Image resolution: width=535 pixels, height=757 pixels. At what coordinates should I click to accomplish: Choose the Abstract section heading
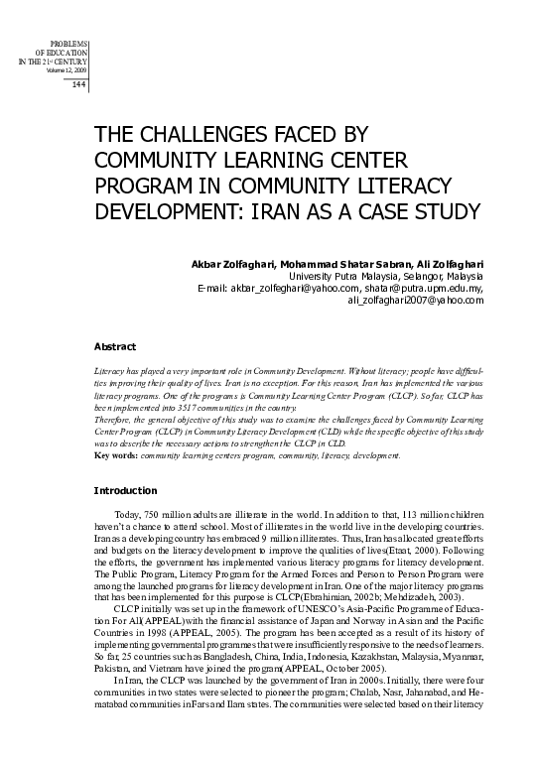coord(114,347)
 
